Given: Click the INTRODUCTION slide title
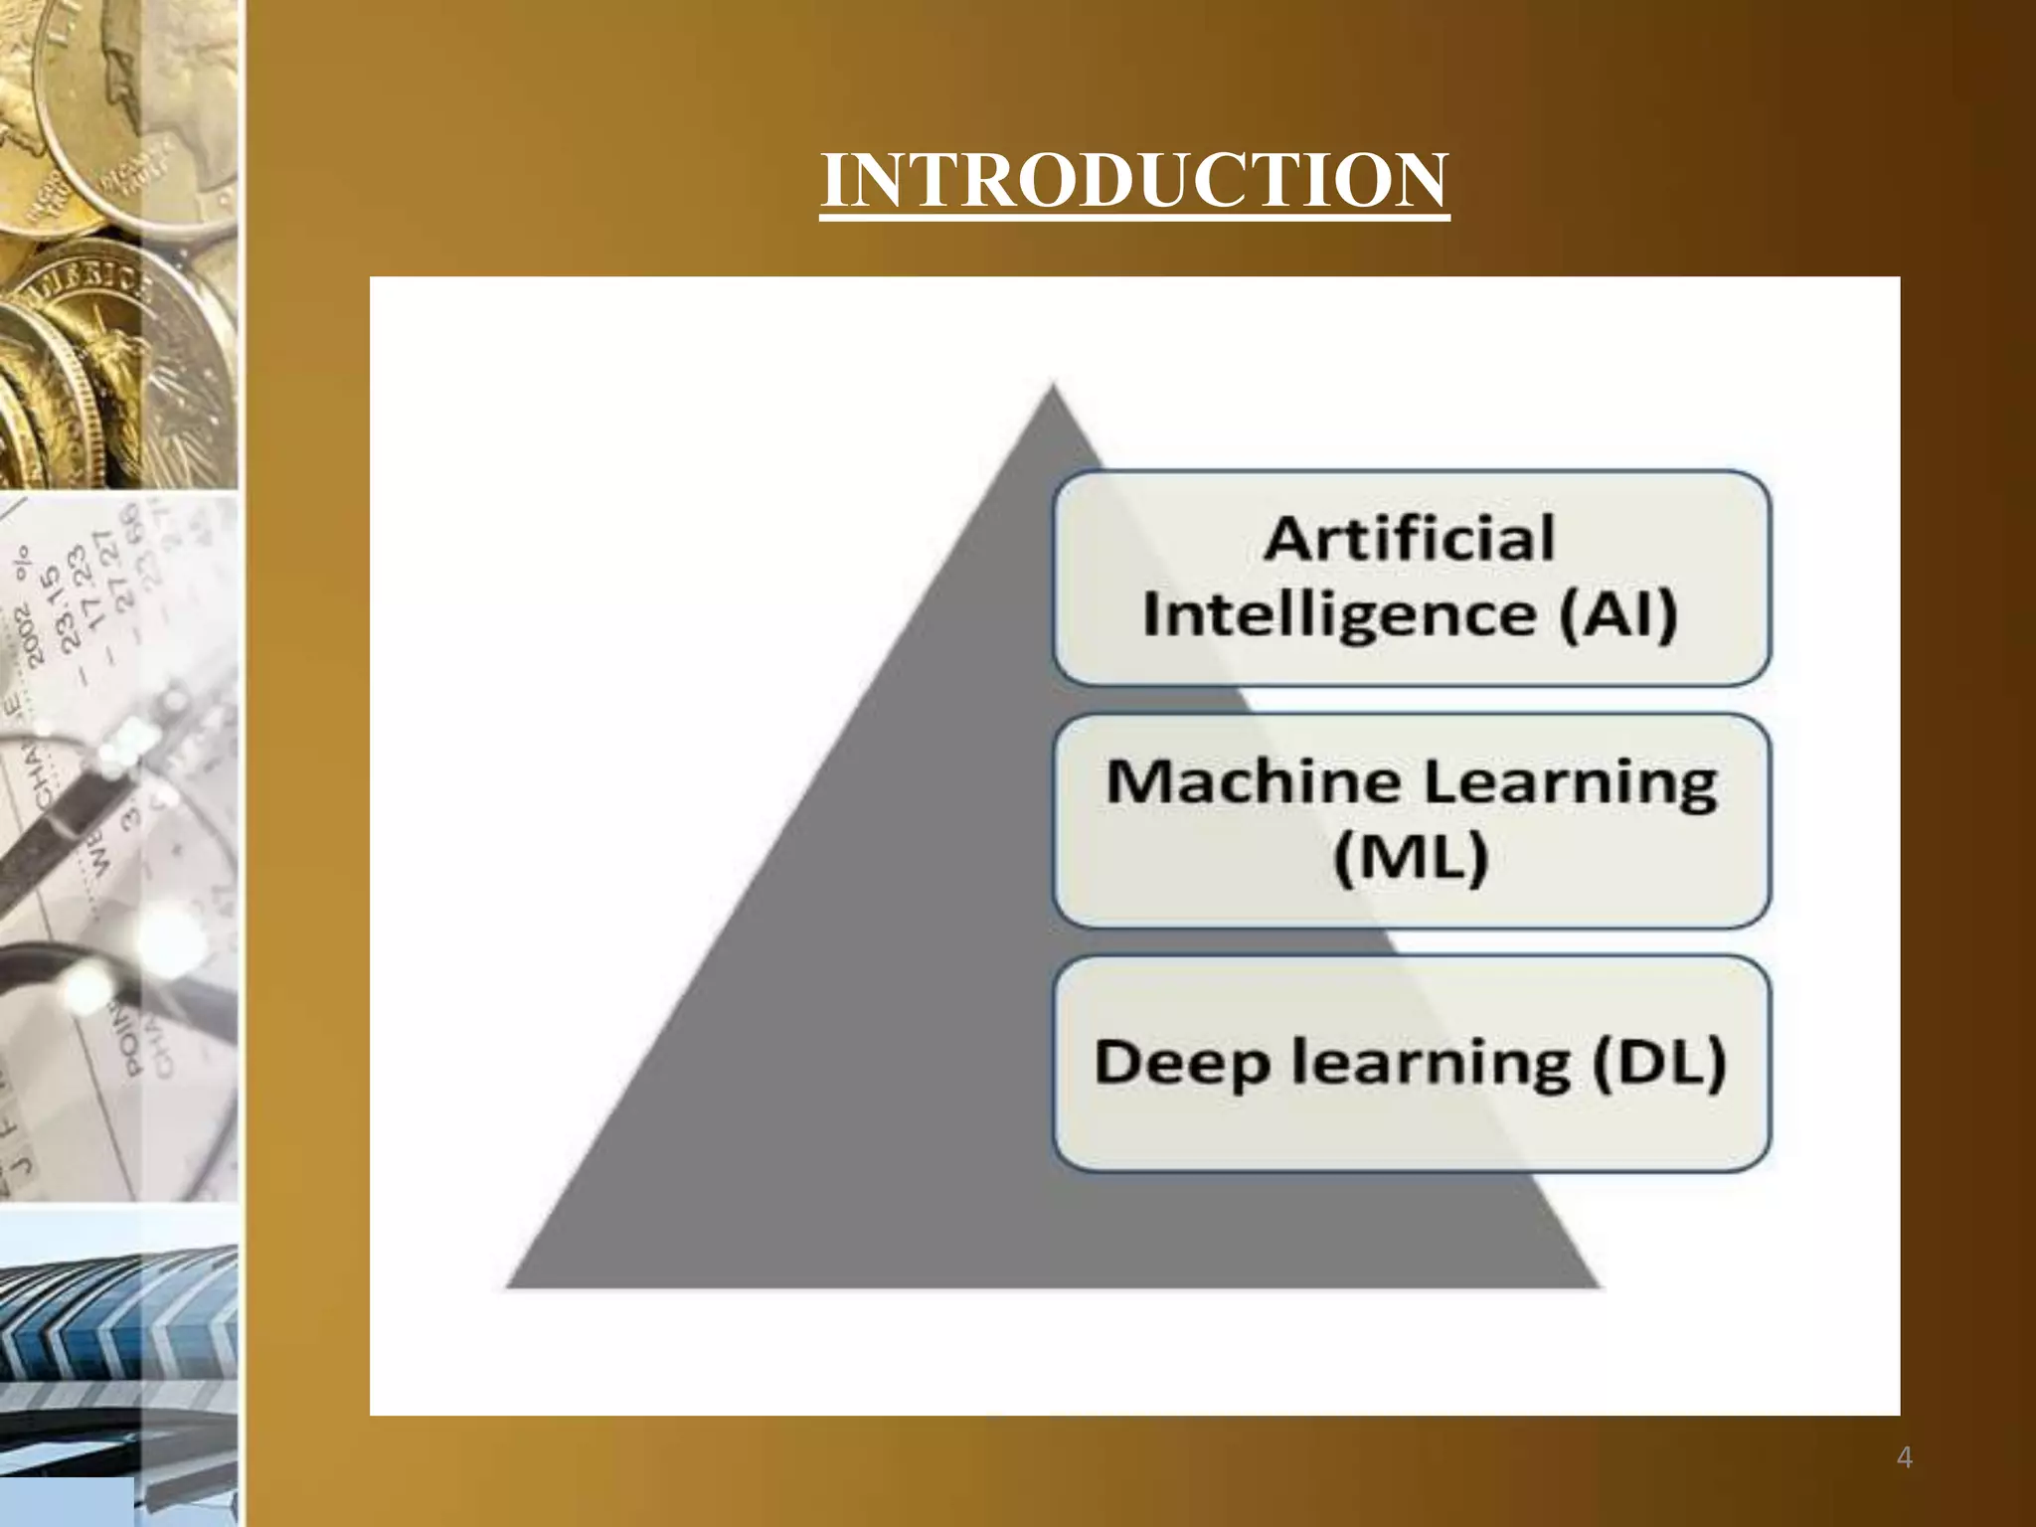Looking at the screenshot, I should pos(1134,181).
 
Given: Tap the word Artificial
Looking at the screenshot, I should pos(1409,539).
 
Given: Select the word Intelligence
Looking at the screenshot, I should pos(1338,614).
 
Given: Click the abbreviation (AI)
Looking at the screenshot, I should pos(1617,613).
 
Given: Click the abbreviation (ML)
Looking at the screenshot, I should pos(1411,857).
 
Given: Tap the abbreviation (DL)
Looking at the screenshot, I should pos(1659,1062).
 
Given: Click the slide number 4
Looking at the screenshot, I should pos(1904,1457).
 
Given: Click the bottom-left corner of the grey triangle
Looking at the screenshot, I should pos(509,1286).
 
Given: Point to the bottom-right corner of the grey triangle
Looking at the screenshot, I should pos(1599,1286).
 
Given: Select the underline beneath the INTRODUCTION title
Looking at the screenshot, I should pos(1134,216).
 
